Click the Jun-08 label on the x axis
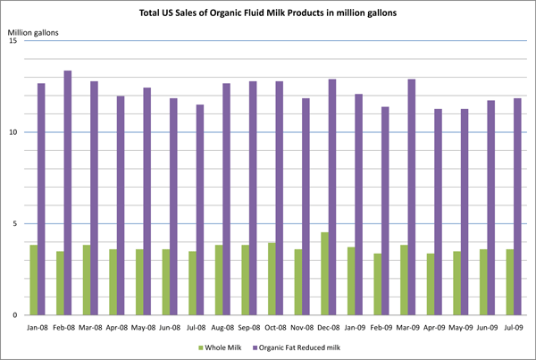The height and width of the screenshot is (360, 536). click(x=169, y=327)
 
